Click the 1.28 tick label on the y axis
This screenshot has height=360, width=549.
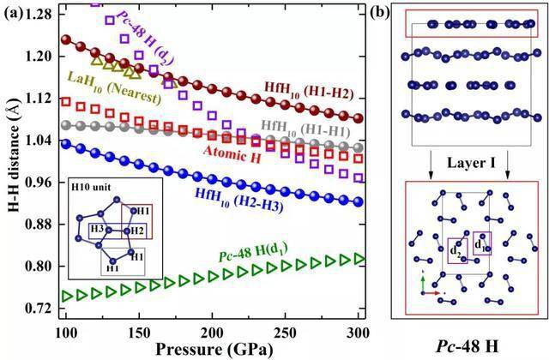[x=38, y=14]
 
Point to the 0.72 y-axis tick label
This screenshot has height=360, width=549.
[x=38, y=309]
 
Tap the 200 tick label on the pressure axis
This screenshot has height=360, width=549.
[x=212, y=333]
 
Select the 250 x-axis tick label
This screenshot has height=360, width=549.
[x=285, y=333]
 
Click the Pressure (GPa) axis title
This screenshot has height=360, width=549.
[x=214, y=350]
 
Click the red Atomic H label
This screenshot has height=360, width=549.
[x=232, y=154]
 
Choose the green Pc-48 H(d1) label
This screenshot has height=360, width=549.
[x=253, y=253]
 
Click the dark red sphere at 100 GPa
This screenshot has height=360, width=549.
[x=66, y=39]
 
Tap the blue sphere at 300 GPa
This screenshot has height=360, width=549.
[x=359, y=202]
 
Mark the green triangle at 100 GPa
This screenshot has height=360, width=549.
[x=67, y=297]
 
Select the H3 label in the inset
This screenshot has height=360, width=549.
[x=97, y=229]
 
